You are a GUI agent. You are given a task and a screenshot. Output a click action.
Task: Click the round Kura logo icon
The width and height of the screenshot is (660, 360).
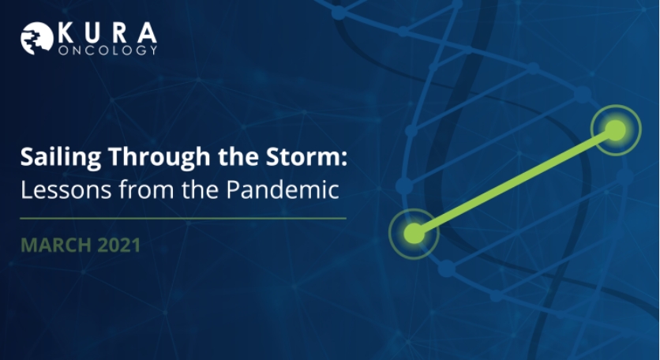pyautogui.click(x=37, y=39)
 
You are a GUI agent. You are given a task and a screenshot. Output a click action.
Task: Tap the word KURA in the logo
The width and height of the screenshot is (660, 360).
pyautogui.click(x=107, y=33)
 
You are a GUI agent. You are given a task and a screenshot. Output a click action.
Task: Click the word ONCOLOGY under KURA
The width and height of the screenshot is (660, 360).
pyautogui.click(x=107, y=50)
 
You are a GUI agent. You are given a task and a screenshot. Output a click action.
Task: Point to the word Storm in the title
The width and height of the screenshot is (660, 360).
pyautogui.click(x=302, y=156)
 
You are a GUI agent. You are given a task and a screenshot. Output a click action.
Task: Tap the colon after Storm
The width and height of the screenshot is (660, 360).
pyautogui.click(x=344, y=159)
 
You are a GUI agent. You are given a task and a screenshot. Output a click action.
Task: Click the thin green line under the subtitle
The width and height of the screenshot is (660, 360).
pyautogui.click(x=183, y=219)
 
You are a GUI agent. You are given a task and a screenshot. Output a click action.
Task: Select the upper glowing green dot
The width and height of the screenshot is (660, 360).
pyautogui.click(x=616, y=130)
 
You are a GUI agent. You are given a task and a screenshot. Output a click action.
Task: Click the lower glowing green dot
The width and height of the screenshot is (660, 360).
pyautogui.click(x=414, y=234)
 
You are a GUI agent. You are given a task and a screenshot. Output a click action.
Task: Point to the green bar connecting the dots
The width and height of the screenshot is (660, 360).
pyautogui.click(x=515, y=182)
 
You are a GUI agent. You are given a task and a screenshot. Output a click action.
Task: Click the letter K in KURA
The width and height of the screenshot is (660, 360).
pyautogui.click(x=66, y=33)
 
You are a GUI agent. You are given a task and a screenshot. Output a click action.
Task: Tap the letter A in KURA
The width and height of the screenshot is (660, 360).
pyautogui.click(x=148, y=33)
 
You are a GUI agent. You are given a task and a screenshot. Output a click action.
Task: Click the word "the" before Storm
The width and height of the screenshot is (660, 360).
pyautogui.click(x=238, y=156)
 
